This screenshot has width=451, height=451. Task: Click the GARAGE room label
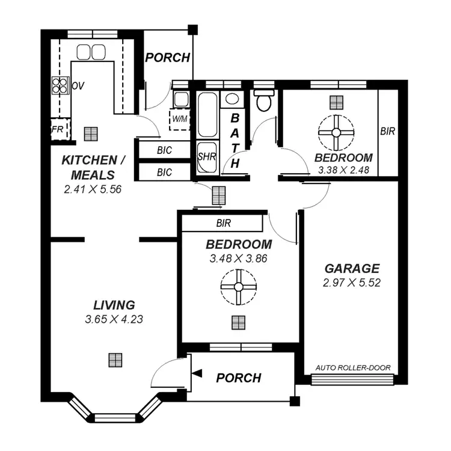coord(352,268)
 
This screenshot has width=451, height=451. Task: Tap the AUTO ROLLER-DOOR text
coord(353,367)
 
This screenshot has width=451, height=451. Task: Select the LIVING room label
coord(114,305)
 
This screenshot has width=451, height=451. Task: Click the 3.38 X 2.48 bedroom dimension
coord(343,170)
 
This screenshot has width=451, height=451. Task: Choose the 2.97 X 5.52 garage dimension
coord(352,283)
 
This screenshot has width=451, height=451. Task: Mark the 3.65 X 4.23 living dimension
coord(114,319)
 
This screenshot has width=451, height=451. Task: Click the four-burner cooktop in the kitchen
coord(60,85)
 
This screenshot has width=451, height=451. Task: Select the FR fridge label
coord(58,129)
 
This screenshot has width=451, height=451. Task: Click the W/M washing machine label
coord(180,118)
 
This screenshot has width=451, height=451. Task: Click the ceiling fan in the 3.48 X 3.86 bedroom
coord(239,287)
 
